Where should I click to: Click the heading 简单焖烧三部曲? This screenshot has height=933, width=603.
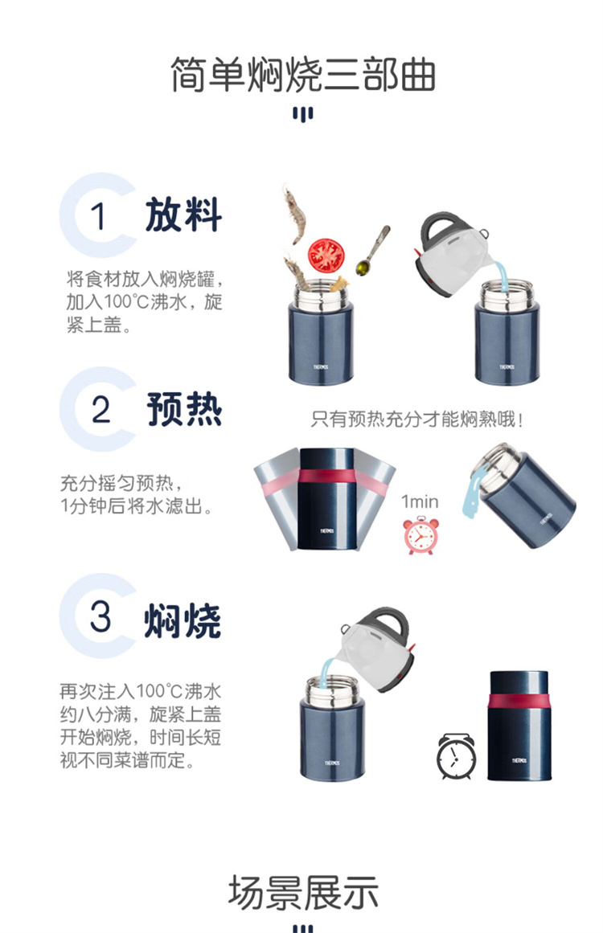click(303, 75)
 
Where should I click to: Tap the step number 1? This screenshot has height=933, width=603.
click(98, 216)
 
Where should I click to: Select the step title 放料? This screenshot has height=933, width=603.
click(183, 215)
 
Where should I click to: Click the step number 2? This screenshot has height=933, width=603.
click(101, 410)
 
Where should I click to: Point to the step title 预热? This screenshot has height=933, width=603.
click(185, 409)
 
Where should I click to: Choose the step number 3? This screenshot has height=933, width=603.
click(100, 616)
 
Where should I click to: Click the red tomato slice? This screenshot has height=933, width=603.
click(326, 256)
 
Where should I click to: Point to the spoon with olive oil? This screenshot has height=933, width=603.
click(373, 250)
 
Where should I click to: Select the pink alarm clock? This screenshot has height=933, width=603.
click(420, 535)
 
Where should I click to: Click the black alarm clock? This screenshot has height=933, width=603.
click(456, 757)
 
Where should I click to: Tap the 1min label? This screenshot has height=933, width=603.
click(420, 501)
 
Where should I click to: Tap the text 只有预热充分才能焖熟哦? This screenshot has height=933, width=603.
click(416, 419)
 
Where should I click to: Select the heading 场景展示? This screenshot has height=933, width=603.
click(303, 893)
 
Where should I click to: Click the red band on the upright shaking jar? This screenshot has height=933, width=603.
click(326, 477)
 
